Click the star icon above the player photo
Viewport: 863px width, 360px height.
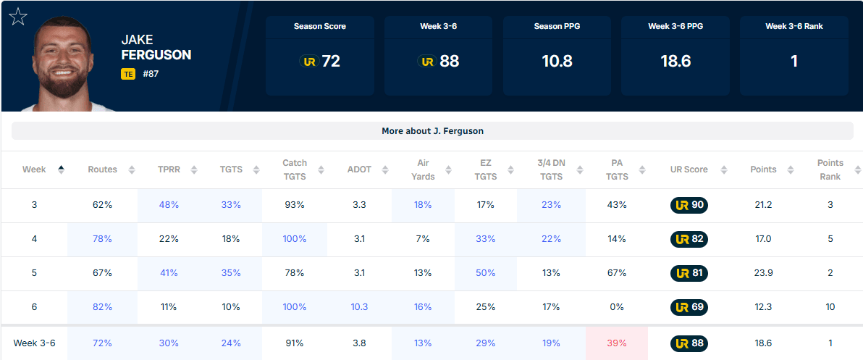[x=17, y=17]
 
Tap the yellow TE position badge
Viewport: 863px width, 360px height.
[x=128, y=74]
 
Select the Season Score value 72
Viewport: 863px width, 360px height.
[x=331, y=61]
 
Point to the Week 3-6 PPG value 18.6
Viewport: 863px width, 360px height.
[x=675, y=61]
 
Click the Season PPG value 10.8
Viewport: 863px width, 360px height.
[x=557, y=61]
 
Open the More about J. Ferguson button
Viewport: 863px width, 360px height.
[x=432, y=131]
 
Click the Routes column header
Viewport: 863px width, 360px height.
[x=102, y=169]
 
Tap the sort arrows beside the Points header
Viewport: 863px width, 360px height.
[x=791, y=170]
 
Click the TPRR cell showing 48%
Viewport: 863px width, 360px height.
[x=168, y=205]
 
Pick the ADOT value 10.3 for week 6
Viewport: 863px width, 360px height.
[x=359, y=306]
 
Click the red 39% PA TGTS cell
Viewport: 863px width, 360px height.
[x=616, y=343]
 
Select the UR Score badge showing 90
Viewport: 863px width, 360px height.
[x=689, y=205]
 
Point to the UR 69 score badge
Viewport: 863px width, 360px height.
[x=689, y=306]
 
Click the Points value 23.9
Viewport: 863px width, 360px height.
[x=762, y=272]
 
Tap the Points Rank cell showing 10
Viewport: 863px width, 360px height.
[x=830, y=306]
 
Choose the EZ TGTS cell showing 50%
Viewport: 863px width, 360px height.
[x=485, y=272]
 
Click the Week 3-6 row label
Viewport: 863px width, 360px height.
[x=34, y=343]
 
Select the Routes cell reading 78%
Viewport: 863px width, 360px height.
[x=102, y=239]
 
